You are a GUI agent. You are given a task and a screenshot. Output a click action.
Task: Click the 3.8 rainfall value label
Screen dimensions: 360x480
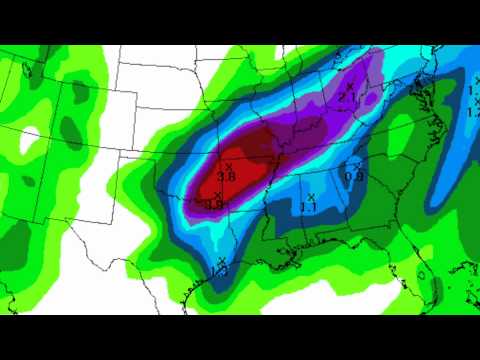226,177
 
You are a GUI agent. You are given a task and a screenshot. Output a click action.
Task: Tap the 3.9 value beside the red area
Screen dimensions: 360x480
213,204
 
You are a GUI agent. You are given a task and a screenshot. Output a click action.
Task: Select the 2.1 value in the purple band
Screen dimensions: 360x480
348,98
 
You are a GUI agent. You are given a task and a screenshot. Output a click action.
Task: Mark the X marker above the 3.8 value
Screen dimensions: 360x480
228,165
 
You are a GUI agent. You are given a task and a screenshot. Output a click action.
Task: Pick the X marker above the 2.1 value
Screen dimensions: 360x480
349,87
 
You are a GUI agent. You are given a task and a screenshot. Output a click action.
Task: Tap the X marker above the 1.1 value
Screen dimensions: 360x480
311,195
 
